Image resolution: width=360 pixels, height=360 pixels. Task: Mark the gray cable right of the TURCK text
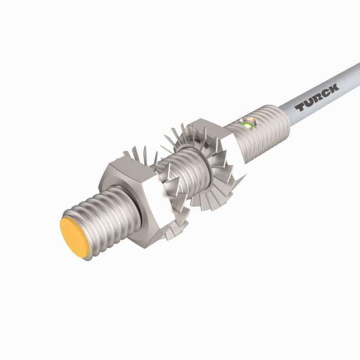(x=350, y=77)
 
